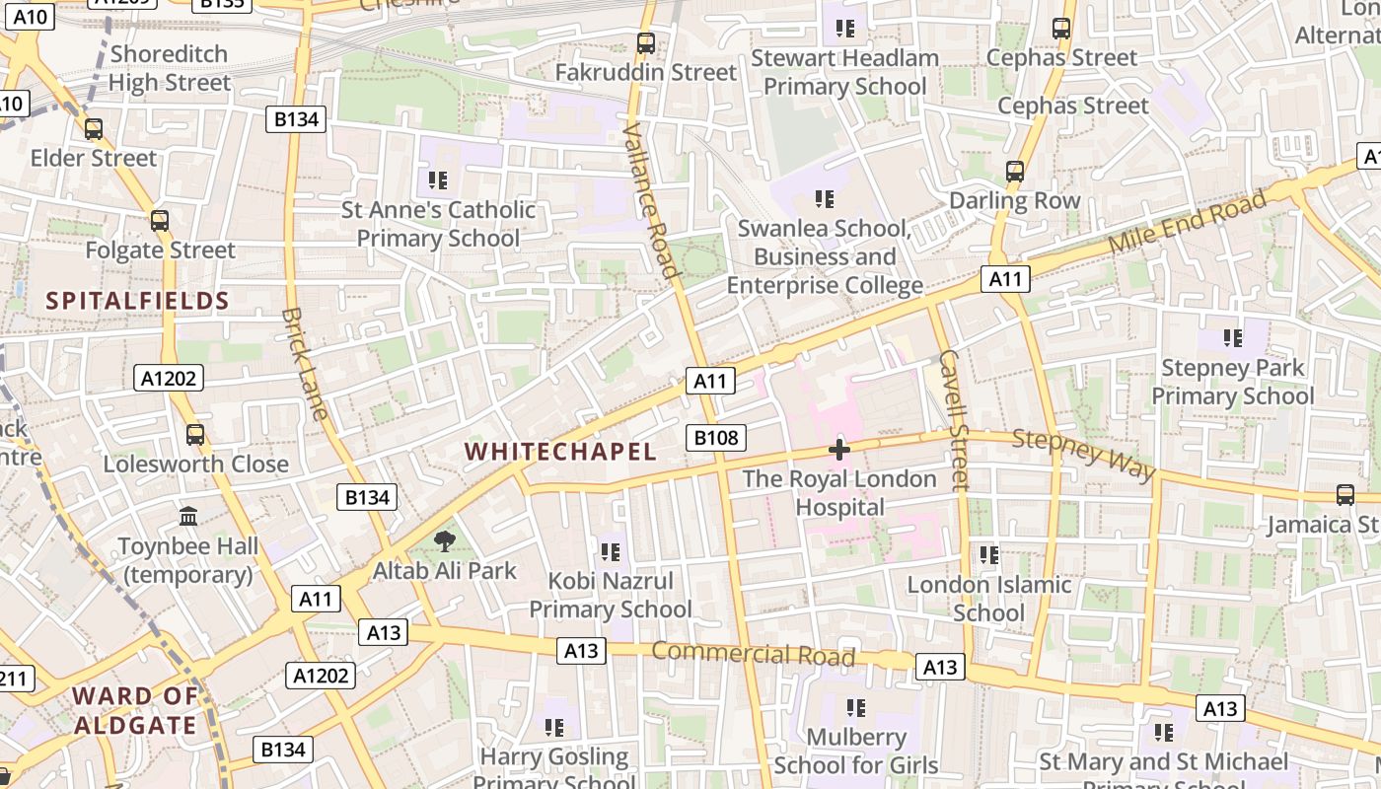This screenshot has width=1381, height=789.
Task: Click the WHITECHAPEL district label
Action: [560, 452]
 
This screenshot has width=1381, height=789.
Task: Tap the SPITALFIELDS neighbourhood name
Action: [137, 301]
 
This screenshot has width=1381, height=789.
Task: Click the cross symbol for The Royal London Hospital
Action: [839, 450]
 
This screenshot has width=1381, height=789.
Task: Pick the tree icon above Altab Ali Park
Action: [445, 540]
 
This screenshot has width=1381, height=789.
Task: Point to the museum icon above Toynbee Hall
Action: [188, 516]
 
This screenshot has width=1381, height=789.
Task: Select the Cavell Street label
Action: [954, 419]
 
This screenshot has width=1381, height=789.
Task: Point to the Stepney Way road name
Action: [1084, 454]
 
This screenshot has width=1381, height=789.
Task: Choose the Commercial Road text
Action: [753, 654]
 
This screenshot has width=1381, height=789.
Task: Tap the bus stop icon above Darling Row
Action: [1015, 172]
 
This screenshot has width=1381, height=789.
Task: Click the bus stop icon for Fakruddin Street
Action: [646, 43]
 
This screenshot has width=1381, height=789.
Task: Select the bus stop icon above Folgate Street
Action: [160, 221]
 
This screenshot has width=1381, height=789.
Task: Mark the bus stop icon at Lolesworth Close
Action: [195, 434]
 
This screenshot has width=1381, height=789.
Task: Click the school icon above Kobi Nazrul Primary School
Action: [610, 551]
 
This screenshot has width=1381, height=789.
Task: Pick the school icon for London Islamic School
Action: [989, 555]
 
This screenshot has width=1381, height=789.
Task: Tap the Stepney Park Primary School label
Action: [1233, 382]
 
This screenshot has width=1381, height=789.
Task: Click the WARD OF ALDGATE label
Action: [134, 710]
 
